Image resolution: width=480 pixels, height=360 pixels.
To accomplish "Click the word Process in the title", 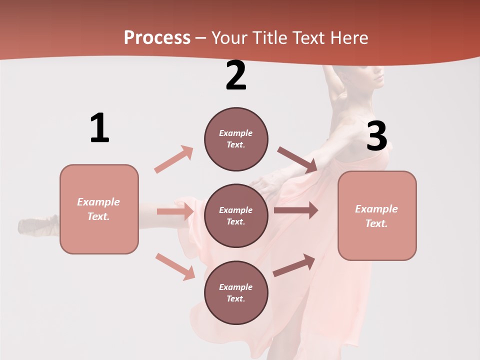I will [157, 37].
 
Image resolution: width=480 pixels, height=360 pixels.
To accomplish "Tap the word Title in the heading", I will [269, 37].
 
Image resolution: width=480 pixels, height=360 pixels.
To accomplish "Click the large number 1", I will [99, 128].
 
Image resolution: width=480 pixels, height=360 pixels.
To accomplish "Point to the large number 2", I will [236, 76].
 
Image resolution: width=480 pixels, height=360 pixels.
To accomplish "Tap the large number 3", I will [376, 136].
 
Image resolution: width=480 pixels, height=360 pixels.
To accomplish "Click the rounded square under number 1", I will [99, 209].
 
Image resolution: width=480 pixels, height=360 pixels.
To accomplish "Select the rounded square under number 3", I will [377, 215].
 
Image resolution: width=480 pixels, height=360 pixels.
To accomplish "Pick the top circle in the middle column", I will [236, 139].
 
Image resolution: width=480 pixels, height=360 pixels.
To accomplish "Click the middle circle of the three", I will [236, 215].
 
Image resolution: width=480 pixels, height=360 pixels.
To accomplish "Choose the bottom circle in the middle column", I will [236, 292].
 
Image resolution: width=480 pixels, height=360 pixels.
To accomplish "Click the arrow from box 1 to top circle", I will [173, 159].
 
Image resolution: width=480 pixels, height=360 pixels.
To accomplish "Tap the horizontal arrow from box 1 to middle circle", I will [175, 211].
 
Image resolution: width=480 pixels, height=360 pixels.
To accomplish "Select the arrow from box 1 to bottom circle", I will [175, 266].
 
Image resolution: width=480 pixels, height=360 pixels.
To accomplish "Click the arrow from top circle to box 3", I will [297, 159].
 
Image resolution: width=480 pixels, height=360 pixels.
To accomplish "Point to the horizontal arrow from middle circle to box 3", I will [295, 210].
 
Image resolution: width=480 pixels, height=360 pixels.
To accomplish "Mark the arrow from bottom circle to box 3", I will [294, 265].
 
